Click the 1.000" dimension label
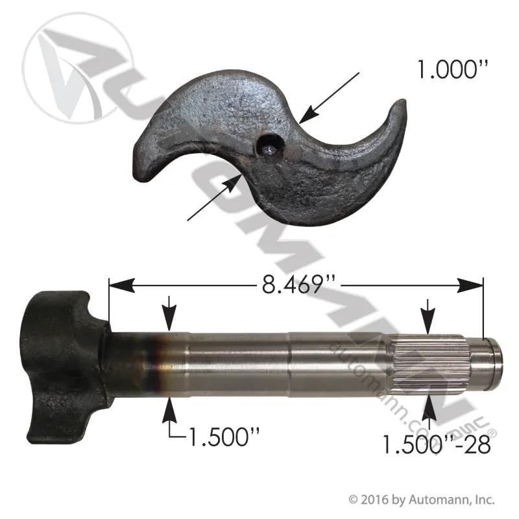[x=453, y=69]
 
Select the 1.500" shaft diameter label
[x=223, y=436]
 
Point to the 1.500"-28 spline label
[x=436, y=444]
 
